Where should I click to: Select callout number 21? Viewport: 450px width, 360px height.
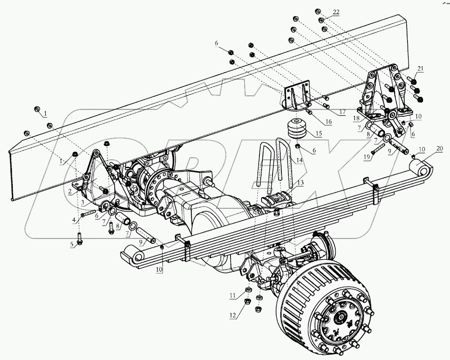tap(420, 68)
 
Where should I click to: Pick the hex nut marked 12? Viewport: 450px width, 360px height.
tap(247, 302)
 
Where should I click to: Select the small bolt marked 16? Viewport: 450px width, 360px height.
tap(310, 112)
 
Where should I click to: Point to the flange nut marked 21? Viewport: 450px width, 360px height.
tap(414, 81)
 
